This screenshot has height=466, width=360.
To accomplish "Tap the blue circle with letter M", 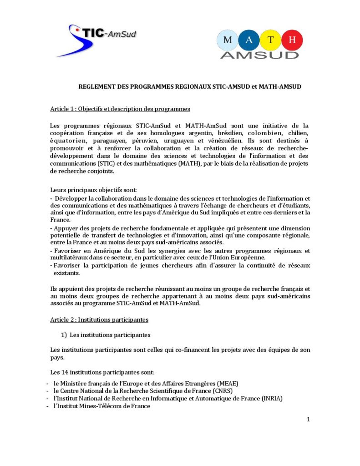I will click(x=229, y=40).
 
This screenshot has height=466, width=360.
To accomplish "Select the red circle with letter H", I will click(x=293, y=40).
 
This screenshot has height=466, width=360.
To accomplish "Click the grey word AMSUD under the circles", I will click(x=260, y=55).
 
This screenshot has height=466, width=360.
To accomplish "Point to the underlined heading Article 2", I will click(x=99, y=320).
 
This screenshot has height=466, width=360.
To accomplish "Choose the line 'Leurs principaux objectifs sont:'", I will click(x=90, y=189).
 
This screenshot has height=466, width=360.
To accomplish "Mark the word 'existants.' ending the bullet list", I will click(x=66, y=273).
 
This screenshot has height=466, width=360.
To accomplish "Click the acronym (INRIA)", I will click(x=272, y=399).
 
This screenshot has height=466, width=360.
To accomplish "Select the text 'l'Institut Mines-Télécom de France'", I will click(x=101, y=406).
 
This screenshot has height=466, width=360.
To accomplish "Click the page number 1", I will click(x=308, y=419).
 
